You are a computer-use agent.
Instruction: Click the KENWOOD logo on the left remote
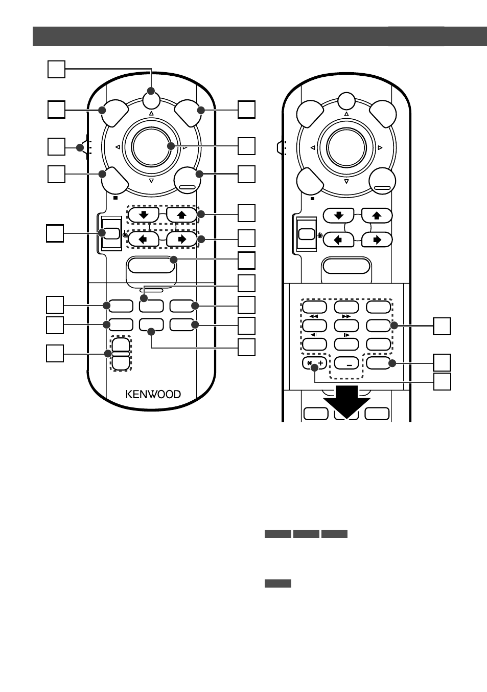[153, 394]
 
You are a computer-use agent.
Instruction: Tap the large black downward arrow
[346, 402]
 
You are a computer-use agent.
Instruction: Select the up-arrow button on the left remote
[181, 214]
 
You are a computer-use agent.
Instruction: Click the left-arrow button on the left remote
[143, 239]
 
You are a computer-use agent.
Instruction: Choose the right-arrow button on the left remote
[181, 239]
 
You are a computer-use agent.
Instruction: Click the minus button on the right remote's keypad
[346, 363]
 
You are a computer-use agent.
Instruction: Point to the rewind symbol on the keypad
[314, 316]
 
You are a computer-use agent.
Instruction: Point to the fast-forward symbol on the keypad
[346, 316]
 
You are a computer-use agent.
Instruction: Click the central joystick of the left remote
[151, 147]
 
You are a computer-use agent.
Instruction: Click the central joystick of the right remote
[346, 148]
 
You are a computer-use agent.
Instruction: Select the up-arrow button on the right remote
[377, 215]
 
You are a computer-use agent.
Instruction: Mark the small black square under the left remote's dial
[115, 198]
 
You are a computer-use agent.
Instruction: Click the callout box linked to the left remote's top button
[56, 69]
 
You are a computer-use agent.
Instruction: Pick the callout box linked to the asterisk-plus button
[442, 381]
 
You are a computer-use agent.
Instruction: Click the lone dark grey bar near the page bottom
[278, 583]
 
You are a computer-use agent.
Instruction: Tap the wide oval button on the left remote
[151, 265]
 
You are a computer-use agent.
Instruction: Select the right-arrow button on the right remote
[377, 240]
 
